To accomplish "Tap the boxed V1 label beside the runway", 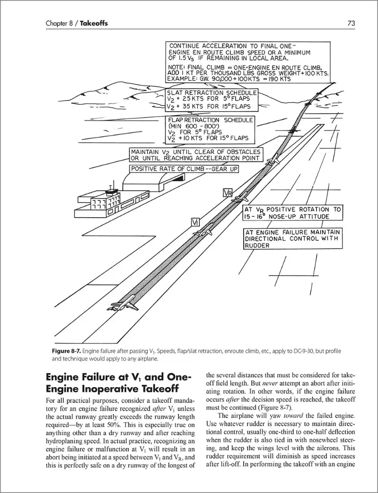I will pos(196,222).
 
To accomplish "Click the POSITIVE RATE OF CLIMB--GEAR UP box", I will pos(184,169).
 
